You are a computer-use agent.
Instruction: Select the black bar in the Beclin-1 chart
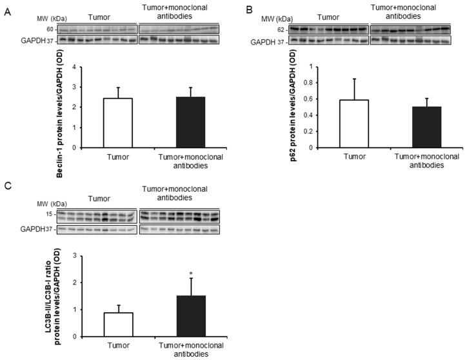click(176, 122)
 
